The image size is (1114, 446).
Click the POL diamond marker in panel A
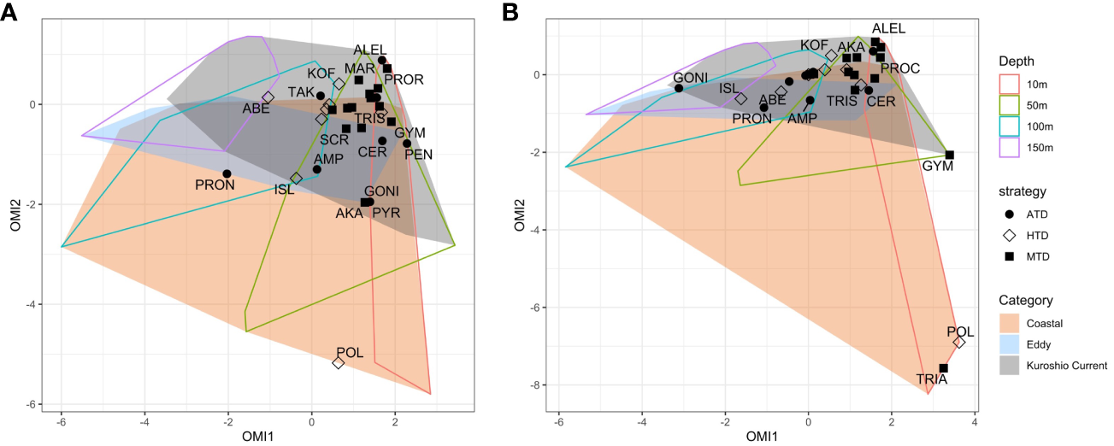pos(339,363)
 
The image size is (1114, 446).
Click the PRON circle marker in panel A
pos(227,173)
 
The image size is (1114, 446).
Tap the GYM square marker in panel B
pos(949,155)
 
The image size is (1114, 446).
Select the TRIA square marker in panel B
pos(943,368)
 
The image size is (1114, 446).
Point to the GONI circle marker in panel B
pos(679,88)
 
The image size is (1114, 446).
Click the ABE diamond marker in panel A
pos(268,97)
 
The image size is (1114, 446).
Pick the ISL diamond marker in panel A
pos(296,178)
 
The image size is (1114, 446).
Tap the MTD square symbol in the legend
pos(1009,255)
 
